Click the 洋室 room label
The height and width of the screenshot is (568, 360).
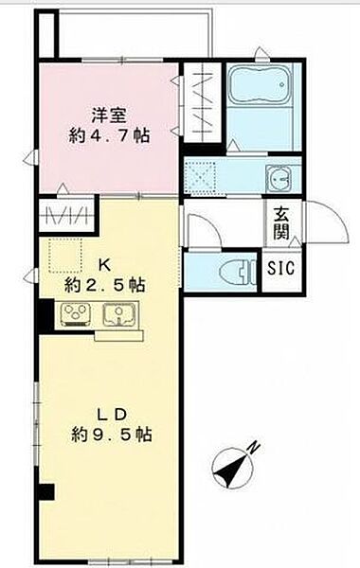(108, 115)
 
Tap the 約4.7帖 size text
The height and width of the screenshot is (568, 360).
(109, 135)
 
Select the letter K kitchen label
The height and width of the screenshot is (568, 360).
(105, 266)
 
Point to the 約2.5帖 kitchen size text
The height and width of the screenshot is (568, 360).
(105, 286)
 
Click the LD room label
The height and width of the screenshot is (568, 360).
(111, 414)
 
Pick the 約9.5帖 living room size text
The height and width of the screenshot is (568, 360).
(111, 434)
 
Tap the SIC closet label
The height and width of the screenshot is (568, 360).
(281, 268)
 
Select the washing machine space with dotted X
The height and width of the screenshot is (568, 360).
(200, 176)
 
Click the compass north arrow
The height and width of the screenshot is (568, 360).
(232, 470)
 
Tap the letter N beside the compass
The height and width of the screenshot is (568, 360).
(254, 447)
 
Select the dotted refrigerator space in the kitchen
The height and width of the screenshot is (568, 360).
(65, 256)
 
